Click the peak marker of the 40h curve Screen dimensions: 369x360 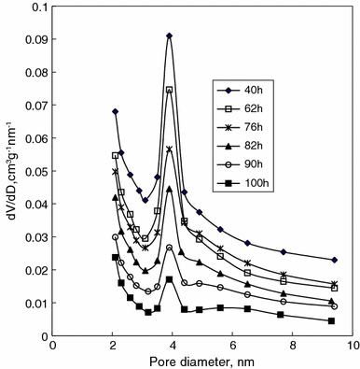(169, 35)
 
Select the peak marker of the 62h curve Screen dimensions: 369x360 (169, 90)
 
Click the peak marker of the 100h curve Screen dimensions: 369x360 (169, 279)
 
